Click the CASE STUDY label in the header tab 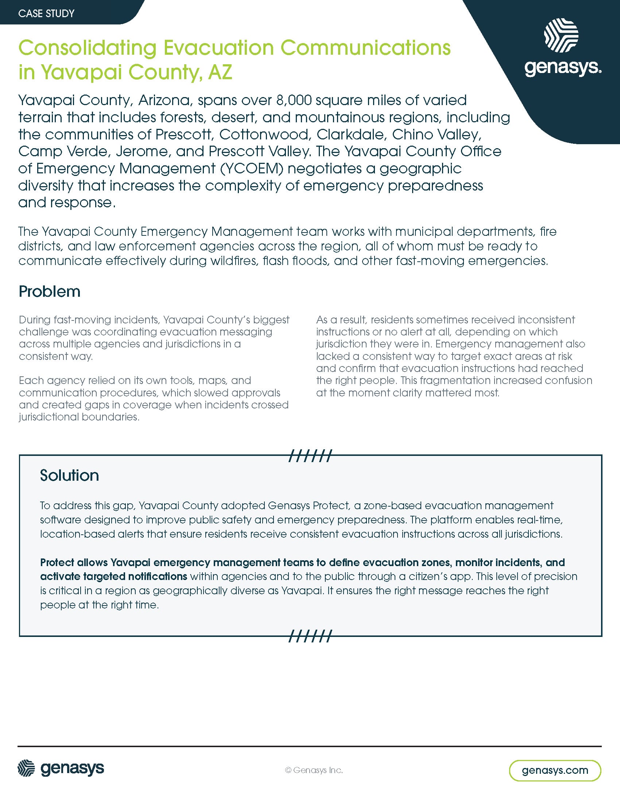point(46,14)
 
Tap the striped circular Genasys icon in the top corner point(561,36)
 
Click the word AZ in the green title point(220,72)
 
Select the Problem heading point(50,292)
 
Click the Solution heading point(69,475)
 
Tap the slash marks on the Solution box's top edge point(310,456)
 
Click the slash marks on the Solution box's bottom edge point(310,636)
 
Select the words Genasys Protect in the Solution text point(309,506)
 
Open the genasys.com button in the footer point(555,770)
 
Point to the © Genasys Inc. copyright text point(314,770)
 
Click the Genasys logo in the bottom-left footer point(61,769)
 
